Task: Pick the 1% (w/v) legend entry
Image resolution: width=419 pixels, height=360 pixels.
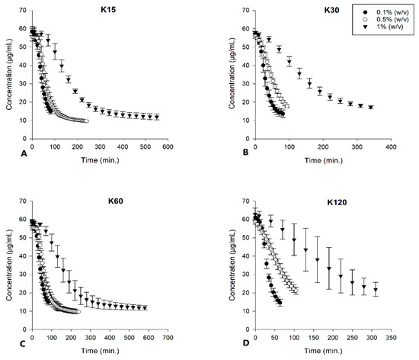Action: [379, 31]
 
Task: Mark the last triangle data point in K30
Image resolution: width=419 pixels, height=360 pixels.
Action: [371, 108]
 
